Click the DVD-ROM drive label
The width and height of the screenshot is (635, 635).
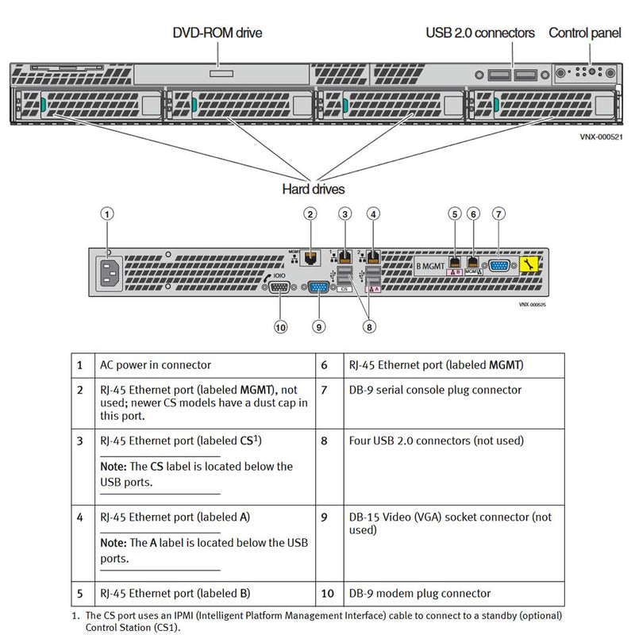(217, 33)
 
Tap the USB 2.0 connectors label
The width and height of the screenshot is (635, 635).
(480, 33)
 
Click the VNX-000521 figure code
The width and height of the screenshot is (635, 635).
(601, 137)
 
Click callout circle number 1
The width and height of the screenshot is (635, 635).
(109, 213)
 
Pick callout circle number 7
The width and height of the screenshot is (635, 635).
(498, 213)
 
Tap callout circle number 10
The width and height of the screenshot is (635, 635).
(279, 325)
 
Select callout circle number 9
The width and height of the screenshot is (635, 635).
(318, 325)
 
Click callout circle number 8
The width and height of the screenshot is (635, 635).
(368, 325)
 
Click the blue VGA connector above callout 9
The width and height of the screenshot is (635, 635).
(318, 287)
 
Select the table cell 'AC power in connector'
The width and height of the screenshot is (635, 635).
(155, 365)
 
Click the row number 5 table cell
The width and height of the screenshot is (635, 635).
(79, 593)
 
